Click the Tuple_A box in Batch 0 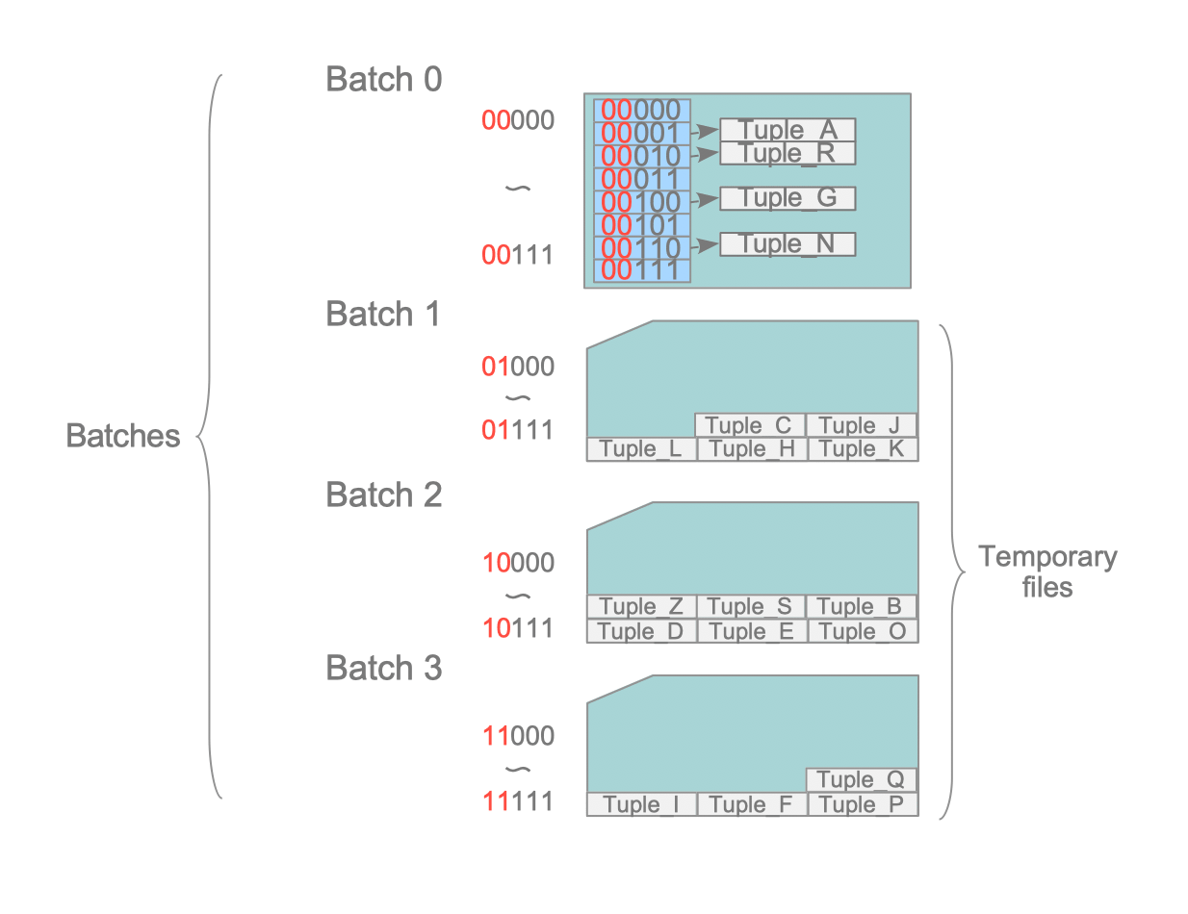[788, 130]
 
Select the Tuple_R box [788, 153]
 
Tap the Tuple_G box [788, 198]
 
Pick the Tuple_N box [788, 244]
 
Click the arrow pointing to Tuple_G [706, 200]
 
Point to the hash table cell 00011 [642, 179]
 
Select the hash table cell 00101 [642, 225]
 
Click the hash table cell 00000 [642, 110]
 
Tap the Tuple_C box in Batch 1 [749, 425]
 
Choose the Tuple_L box [641, 449]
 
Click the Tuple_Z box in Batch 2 [641, 607]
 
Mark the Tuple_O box [863, 631]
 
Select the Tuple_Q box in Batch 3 [863, 780]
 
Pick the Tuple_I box [641, 805]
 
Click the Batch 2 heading [384, 495]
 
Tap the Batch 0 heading [384, 79]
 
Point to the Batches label [123, 436]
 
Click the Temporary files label [1047, 571]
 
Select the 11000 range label [519, 737]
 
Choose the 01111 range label [519, 429]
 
